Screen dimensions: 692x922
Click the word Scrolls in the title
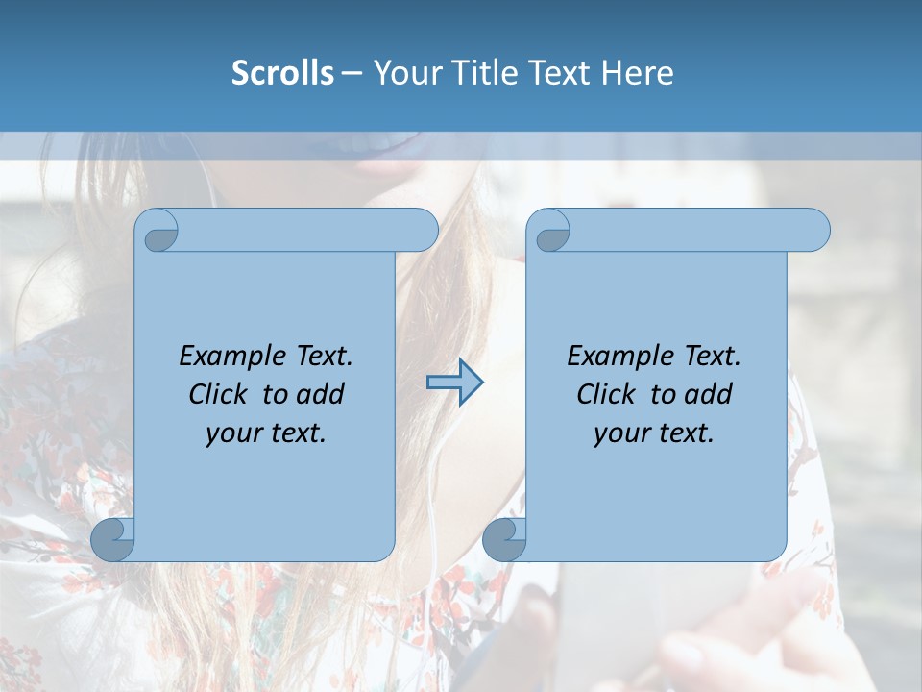pos(282,73)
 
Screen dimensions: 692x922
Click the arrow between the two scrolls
pos(454,383)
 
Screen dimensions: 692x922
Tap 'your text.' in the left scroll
pos(266,433)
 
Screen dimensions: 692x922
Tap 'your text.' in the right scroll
pos(654,433)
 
